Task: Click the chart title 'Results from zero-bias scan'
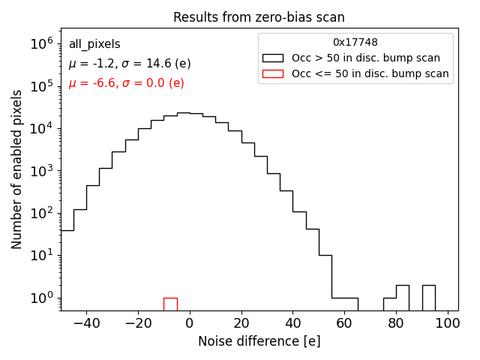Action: coord(259,17)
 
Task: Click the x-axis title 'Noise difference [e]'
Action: coord(259,341)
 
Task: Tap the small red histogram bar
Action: coord(170,304)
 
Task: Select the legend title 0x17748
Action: coord(355,43)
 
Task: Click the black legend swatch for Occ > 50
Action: coord(273,58)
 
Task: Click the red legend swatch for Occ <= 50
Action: coord(273,73)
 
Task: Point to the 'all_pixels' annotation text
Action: coord(94,44)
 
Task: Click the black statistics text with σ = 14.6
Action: coord(130,64)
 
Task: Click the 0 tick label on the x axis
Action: coord(189,322)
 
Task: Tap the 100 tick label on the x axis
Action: coord(448,322)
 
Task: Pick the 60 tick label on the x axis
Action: coord(344,322)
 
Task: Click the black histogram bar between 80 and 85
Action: coord(403,297)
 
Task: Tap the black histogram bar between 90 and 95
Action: coord(428,297)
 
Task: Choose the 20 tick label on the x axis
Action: coord(241,322)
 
